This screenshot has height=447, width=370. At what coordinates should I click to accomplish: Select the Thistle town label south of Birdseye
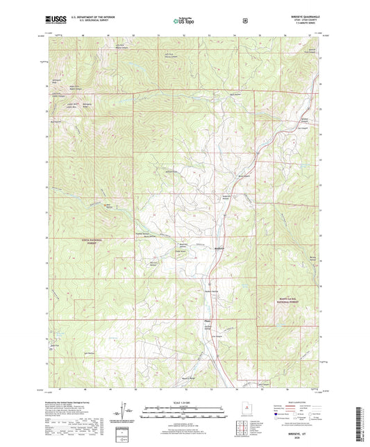tap(207, 321)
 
